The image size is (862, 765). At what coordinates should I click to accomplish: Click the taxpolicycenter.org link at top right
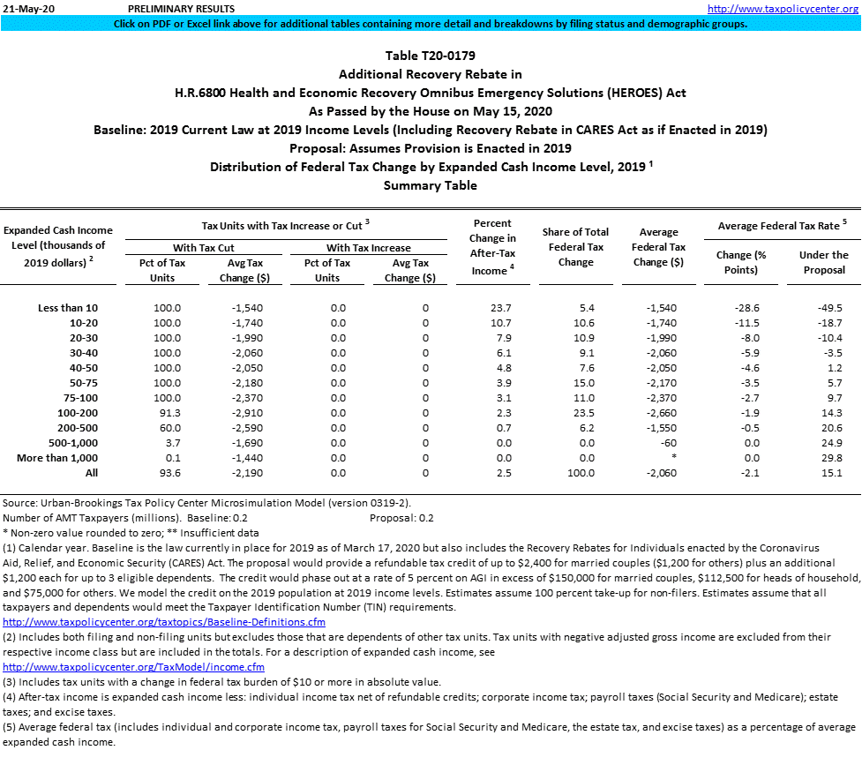(783, 9)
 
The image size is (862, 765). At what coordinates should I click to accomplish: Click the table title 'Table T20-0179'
(431, 56)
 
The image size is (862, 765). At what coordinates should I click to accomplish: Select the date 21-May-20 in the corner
(26, 9)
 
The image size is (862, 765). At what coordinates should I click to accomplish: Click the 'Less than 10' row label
(68, 307)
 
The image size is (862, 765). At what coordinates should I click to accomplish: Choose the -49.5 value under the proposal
(829, 307)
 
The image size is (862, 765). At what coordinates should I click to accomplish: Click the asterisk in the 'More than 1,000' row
(673, 458)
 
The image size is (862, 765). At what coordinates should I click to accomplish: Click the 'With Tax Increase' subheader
(368, 248)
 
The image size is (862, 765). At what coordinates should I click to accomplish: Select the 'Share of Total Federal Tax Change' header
(576, 247)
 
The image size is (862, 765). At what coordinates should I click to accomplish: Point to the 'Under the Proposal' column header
(824, 262)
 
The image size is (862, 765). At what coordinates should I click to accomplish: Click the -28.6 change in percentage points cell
(746, 307)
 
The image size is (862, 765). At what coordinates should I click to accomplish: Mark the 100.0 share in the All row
(576, 473)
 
